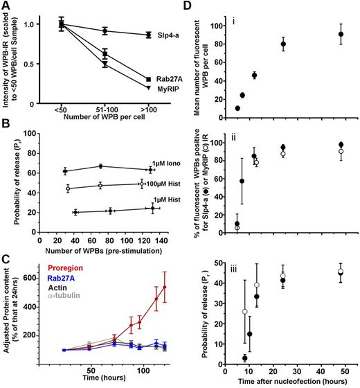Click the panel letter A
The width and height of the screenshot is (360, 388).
pos(6,6)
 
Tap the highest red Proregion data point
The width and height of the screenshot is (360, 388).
pos(164,286)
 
